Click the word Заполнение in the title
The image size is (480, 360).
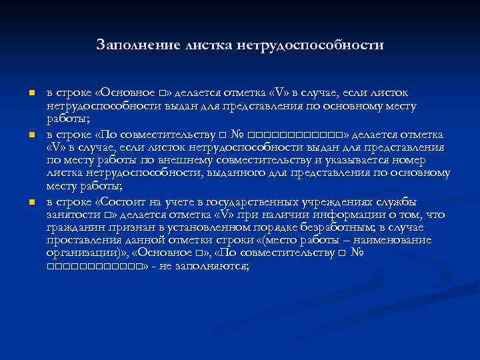click(129, 45)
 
